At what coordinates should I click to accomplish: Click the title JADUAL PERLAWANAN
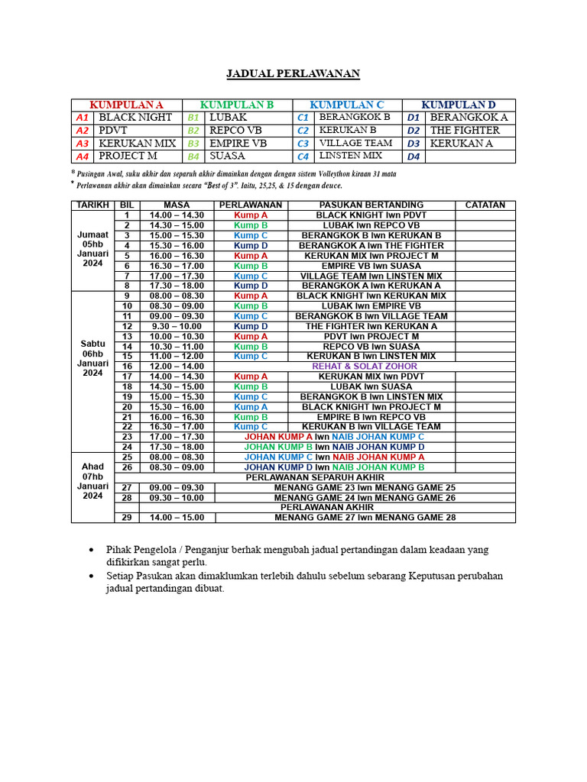[x=293, y=74]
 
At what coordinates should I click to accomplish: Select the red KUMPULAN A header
[x=127, y=105]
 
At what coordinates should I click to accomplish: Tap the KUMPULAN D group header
[x=459, y=105]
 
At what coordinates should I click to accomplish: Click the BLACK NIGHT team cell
[x=136, y=118]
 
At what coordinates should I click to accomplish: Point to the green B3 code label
[x=193, y=144]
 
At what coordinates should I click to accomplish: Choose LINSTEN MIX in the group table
[x=350, y=156]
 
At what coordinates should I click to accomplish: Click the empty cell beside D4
[x=470, y=157]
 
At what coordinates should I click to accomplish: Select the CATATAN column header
[x=485, y=205]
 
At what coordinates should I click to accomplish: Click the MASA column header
[x=177, y=205]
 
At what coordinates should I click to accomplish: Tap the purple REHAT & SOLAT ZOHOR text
[x=365, y=367]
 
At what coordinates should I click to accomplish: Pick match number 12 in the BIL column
[x=127, y=326]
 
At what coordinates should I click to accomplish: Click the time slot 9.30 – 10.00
[x=177, y=326]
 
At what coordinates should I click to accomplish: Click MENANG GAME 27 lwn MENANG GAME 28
[x=365, y=517]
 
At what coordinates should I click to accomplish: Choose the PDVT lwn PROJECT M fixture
[x=371, y=336]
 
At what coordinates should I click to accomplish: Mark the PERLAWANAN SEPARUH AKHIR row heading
[x=315, y=477]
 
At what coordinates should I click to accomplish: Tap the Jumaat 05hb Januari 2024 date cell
[x=92, y=250]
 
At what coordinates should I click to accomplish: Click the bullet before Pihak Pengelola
[x=92, y=551]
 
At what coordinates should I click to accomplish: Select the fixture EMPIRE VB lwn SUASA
[x=371, y=266]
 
